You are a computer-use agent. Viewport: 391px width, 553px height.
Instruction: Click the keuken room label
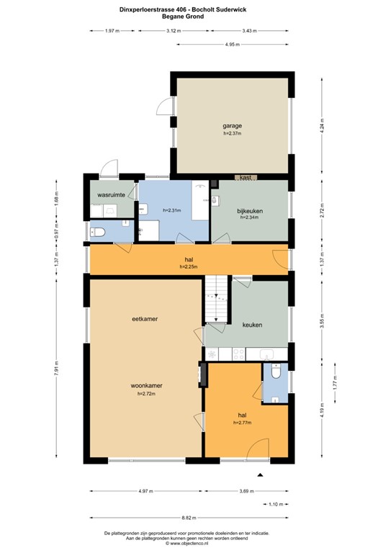click(252, 325)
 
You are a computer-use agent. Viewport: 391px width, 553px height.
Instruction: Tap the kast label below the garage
click(245, 177)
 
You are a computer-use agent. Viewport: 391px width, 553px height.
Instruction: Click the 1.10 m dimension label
click(276, 505)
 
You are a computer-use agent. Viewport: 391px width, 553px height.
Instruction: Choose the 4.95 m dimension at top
click(232, 45)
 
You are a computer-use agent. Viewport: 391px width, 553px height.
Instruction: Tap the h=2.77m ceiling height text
click(243, 423)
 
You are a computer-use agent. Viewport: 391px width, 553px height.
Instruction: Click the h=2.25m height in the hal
click(189, 267)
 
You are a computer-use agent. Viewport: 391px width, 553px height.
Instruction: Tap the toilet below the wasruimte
click(99, 230)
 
